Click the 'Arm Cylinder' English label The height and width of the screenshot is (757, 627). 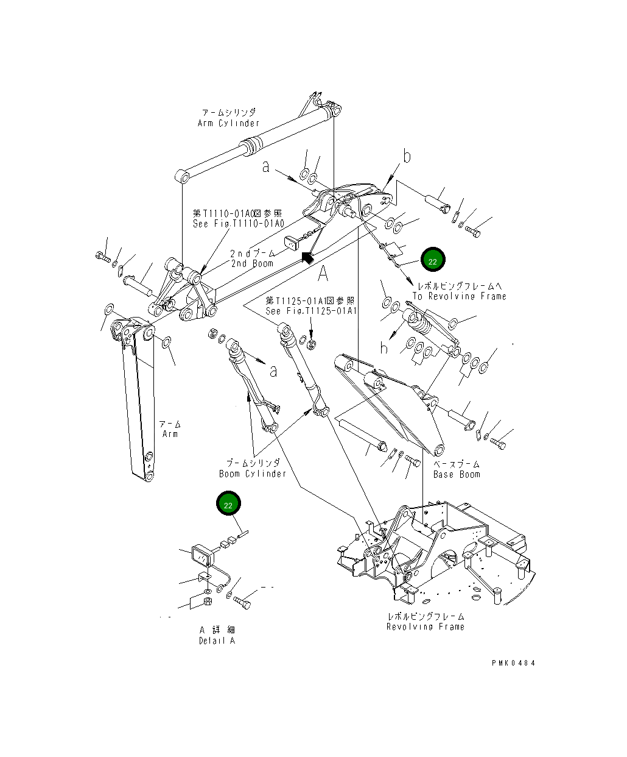tap(228, 123)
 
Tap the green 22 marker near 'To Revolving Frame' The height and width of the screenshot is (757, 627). tap(433, 261)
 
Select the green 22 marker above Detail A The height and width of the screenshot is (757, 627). tap(228, 505)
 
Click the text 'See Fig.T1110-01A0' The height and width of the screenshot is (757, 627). tap(238, 224)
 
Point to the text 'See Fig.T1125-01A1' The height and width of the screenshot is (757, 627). tap(310, 311)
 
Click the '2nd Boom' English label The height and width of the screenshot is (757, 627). tap(251, 263)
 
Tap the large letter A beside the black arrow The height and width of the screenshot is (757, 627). tap(323, 274)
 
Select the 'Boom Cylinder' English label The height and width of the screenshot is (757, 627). tap(252, 474)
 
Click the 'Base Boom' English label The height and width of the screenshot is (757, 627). tap(457, 474)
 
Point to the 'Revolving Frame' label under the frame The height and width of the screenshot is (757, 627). tap(425, 627)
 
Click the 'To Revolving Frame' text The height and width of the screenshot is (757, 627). tap(459, 296)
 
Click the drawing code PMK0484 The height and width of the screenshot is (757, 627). tap(514, 663)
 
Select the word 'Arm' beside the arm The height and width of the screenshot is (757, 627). tap(170, 434)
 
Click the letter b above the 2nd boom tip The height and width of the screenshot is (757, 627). tap(407, 157)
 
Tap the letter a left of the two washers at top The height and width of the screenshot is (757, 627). tap(265, 166)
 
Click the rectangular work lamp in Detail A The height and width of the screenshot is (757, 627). tap(202, 555)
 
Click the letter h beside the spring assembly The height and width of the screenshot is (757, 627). tap(384, 348)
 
